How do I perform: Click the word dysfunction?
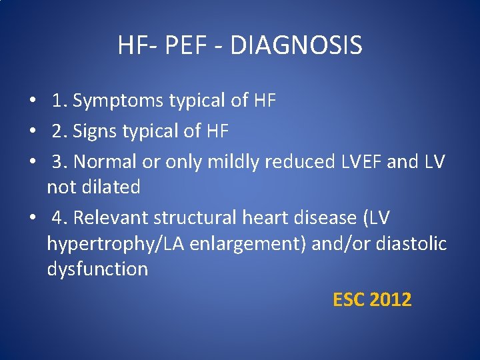97,269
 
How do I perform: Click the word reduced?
296,162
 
